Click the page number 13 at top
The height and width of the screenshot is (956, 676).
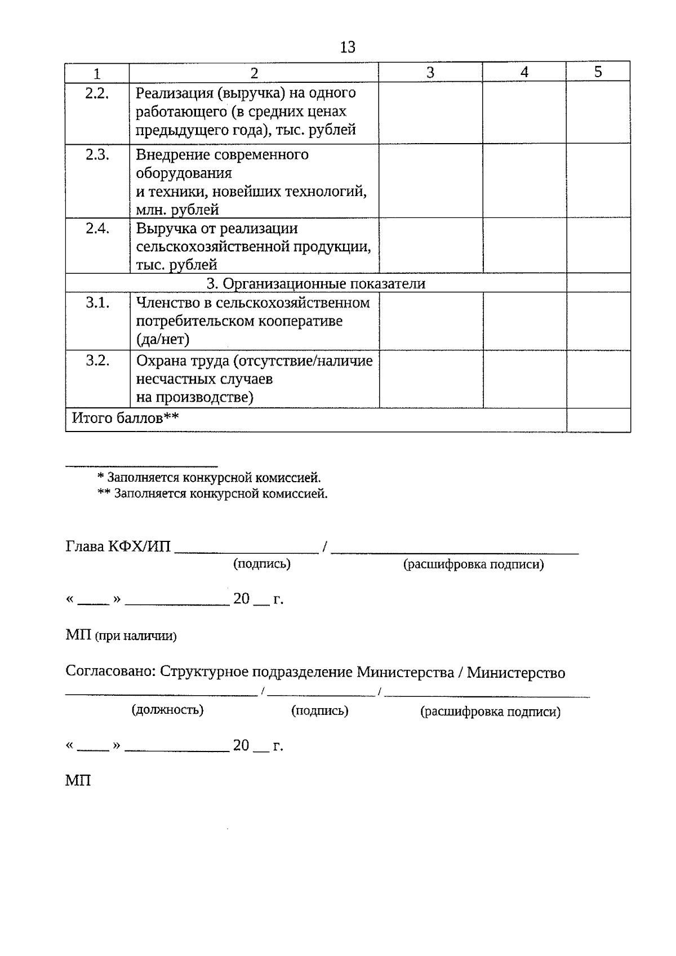[348, 47]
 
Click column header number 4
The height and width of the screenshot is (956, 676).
[524, 72]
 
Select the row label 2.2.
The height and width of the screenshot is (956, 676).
[97, 94]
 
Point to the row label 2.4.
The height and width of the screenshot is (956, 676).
[97, 229]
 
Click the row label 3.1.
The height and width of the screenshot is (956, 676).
[97, 303]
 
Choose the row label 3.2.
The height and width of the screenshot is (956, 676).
[97, 361]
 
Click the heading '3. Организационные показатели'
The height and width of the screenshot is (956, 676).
[315, 283]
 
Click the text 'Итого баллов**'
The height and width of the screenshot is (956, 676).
[125, 418]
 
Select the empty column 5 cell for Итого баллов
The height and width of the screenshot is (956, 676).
[598, 420]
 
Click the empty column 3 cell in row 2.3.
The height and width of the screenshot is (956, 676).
[430, 181]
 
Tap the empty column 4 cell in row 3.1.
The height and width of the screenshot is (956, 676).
[524, 321]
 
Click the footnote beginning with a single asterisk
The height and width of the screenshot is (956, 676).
[209, 478]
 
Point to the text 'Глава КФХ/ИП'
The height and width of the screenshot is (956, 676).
[118, 547]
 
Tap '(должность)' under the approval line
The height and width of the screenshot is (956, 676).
[167, 710]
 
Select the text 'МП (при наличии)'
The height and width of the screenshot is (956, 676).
[121, 636]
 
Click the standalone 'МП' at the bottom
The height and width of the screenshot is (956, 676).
[78, 781]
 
